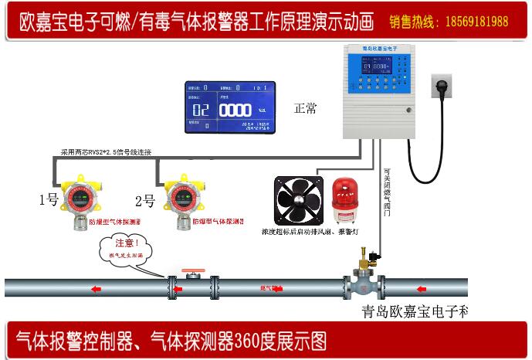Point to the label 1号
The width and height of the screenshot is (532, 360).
[48, 201]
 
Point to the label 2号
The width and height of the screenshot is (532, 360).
[144, 201]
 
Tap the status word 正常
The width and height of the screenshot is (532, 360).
[305, 108]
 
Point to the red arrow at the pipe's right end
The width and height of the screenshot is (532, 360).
[420, 290]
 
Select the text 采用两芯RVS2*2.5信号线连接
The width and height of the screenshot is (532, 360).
[106, 152]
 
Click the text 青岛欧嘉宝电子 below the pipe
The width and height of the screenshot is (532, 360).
[414, 313]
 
